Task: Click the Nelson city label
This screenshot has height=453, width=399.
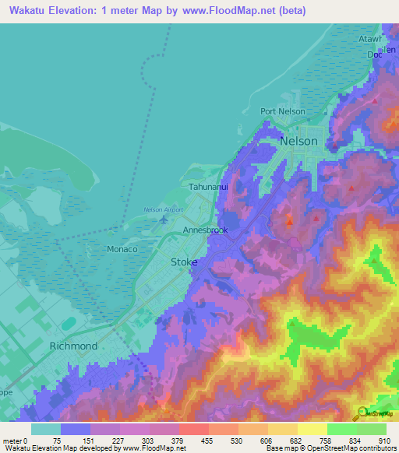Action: [298, 141]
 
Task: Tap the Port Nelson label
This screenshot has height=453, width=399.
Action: [283, 111]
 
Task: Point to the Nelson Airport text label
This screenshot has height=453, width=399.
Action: [164, 209]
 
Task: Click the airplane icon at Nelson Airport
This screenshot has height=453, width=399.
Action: [163, 221]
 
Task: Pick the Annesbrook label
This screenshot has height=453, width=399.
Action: [205, 231]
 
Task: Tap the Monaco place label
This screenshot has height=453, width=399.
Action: [122, 249]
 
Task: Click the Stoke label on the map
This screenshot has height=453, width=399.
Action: [184, 262]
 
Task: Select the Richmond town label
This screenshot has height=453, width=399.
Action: [73, 346]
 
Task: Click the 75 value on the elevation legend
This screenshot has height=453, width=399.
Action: [57, 441]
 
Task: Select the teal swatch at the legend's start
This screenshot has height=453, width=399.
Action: [45, 429]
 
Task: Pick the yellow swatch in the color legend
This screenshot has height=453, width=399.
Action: [312, 429]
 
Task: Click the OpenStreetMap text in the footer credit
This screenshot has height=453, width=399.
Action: [335, 448]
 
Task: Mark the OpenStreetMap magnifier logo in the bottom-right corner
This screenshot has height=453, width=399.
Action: [362, 413]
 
